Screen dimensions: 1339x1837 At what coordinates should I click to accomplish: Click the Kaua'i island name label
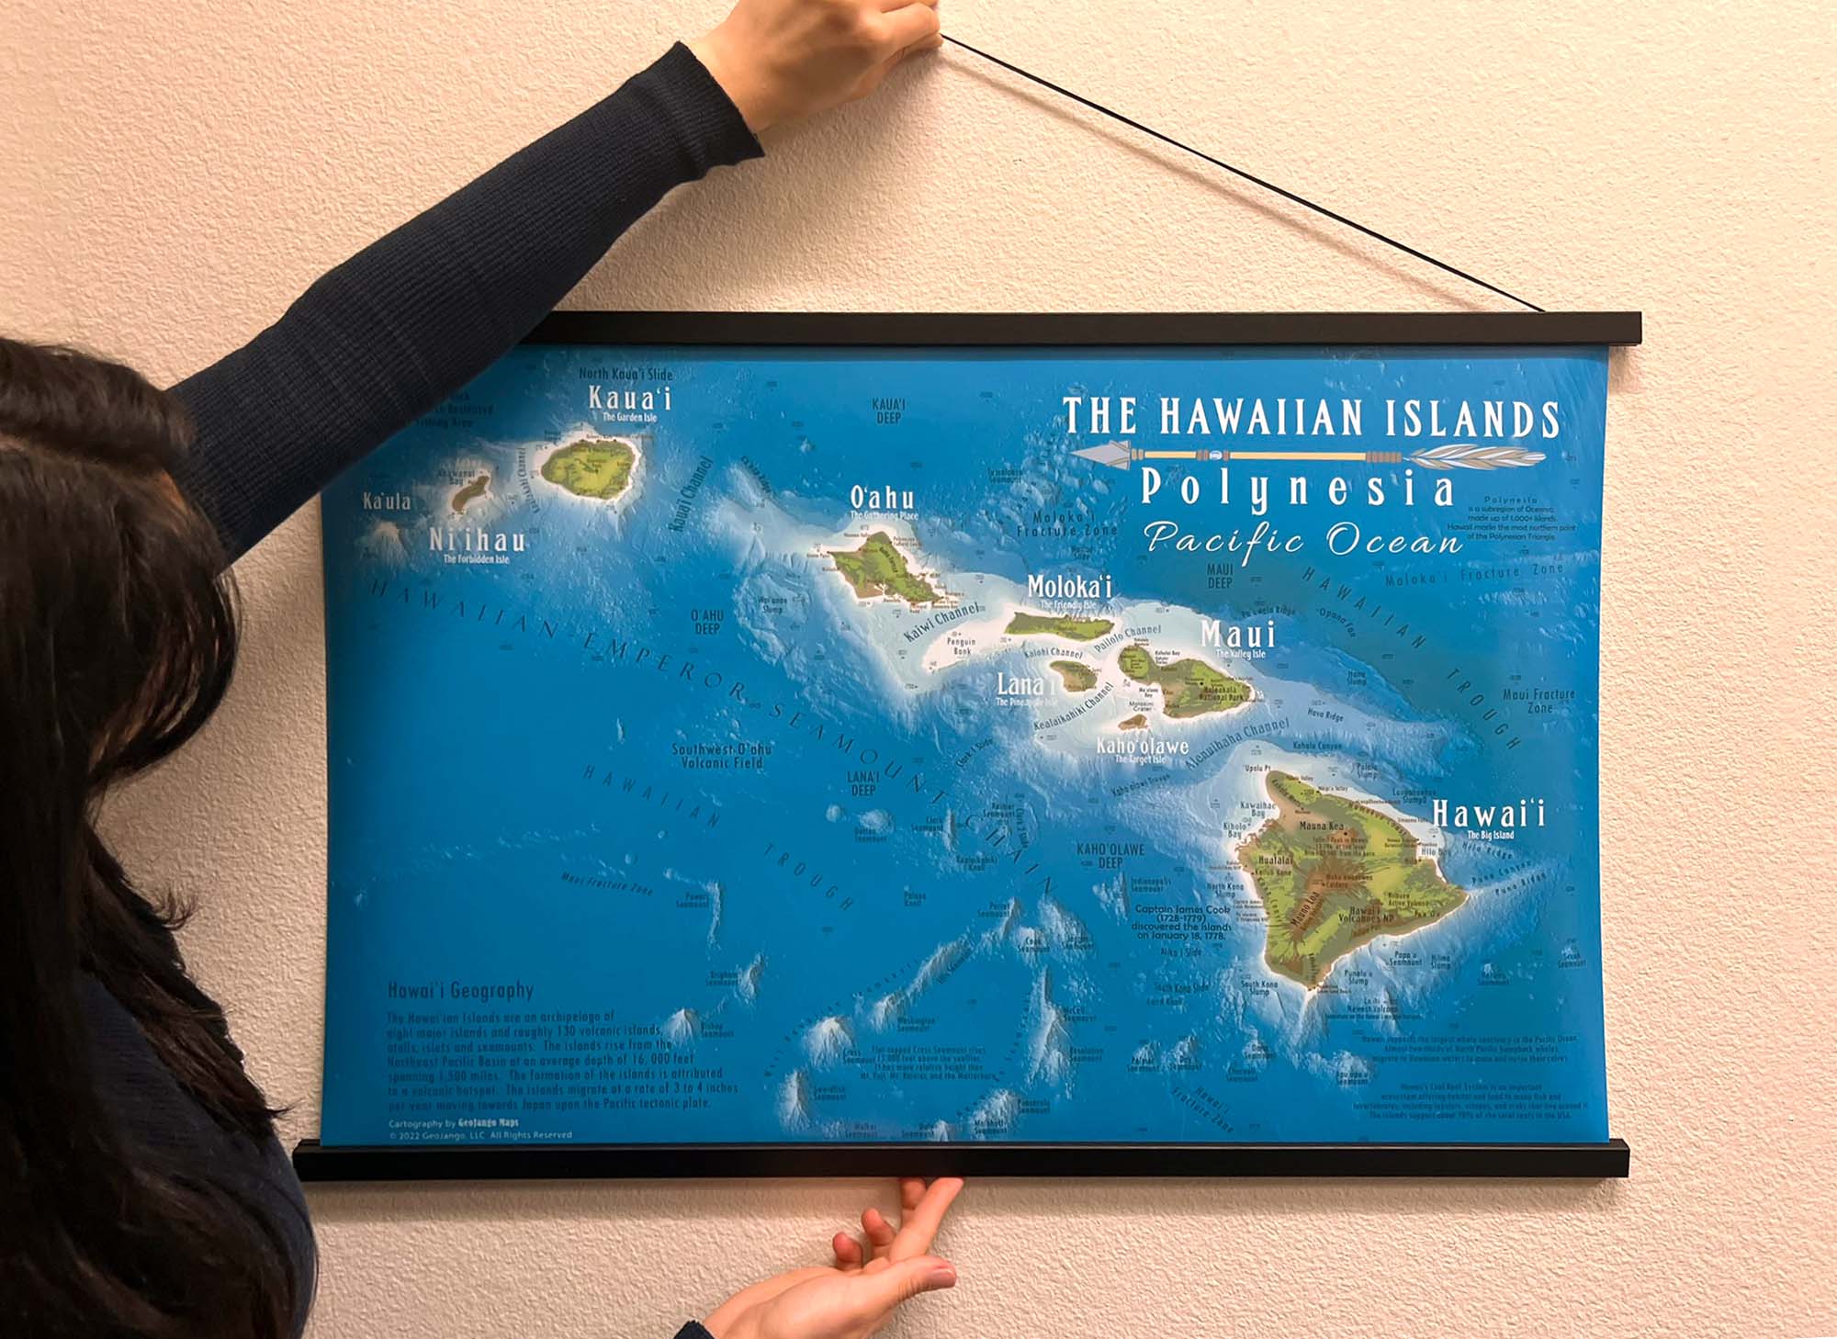tap(629, 399)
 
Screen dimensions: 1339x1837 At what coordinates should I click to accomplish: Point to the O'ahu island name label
tap(882, 499)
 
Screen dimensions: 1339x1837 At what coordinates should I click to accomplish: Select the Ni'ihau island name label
tap(477, 540)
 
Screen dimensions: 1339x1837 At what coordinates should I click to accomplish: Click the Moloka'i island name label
tap(1069, 587)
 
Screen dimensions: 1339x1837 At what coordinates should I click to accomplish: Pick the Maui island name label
tap(1238, 635)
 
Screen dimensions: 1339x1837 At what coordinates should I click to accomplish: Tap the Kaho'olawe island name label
tap(1142, 746)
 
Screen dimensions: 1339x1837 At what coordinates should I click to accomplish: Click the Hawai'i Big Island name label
tap(1488, 814)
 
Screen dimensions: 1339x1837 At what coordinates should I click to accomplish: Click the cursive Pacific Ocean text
tap(1302, 540)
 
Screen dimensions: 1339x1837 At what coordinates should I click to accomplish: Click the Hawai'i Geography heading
tap(460, 990)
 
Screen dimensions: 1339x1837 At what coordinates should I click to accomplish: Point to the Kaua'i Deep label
tap(888, 411)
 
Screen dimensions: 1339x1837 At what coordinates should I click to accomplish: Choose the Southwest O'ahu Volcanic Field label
tap(722, 756)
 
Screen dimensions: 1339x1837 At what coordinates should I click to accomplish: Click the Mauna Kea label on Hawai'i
tap(1322, 826)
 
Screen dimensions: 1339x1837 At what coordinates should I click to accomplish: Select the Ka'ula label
tap(387, 501)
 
